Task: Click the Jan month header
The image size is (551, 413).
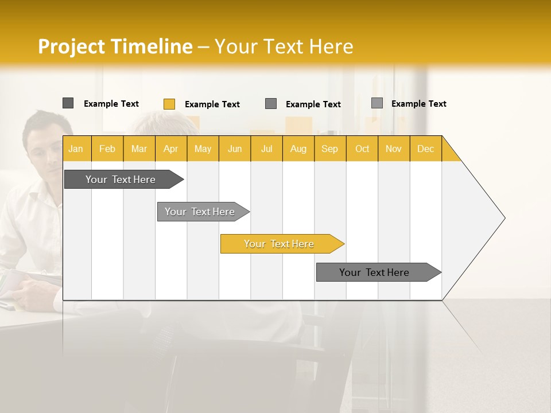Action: (76, 149)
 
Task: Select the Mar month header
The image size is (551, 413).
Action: (139, 149)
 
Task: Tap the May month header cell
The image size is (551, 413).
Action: (203, 149)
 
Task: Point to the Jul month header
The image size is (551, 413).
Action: (266, 149)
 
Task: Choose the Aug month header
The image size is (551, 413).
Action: (298, 149)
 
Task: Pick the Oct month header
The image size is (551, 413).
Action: (362, 149)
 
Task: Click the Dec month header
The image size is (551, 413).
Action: (425, 149)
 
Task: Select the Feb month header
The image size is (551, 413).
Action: (107, 149)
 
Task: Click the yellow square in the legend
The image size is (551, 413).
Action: (169, 104)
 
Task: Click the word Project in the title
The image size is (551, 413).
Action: (71, 46)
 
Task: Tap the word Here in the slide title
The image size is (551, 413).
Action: (331, 46)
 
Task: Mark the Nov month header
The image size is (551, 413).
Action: (394, 149)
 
